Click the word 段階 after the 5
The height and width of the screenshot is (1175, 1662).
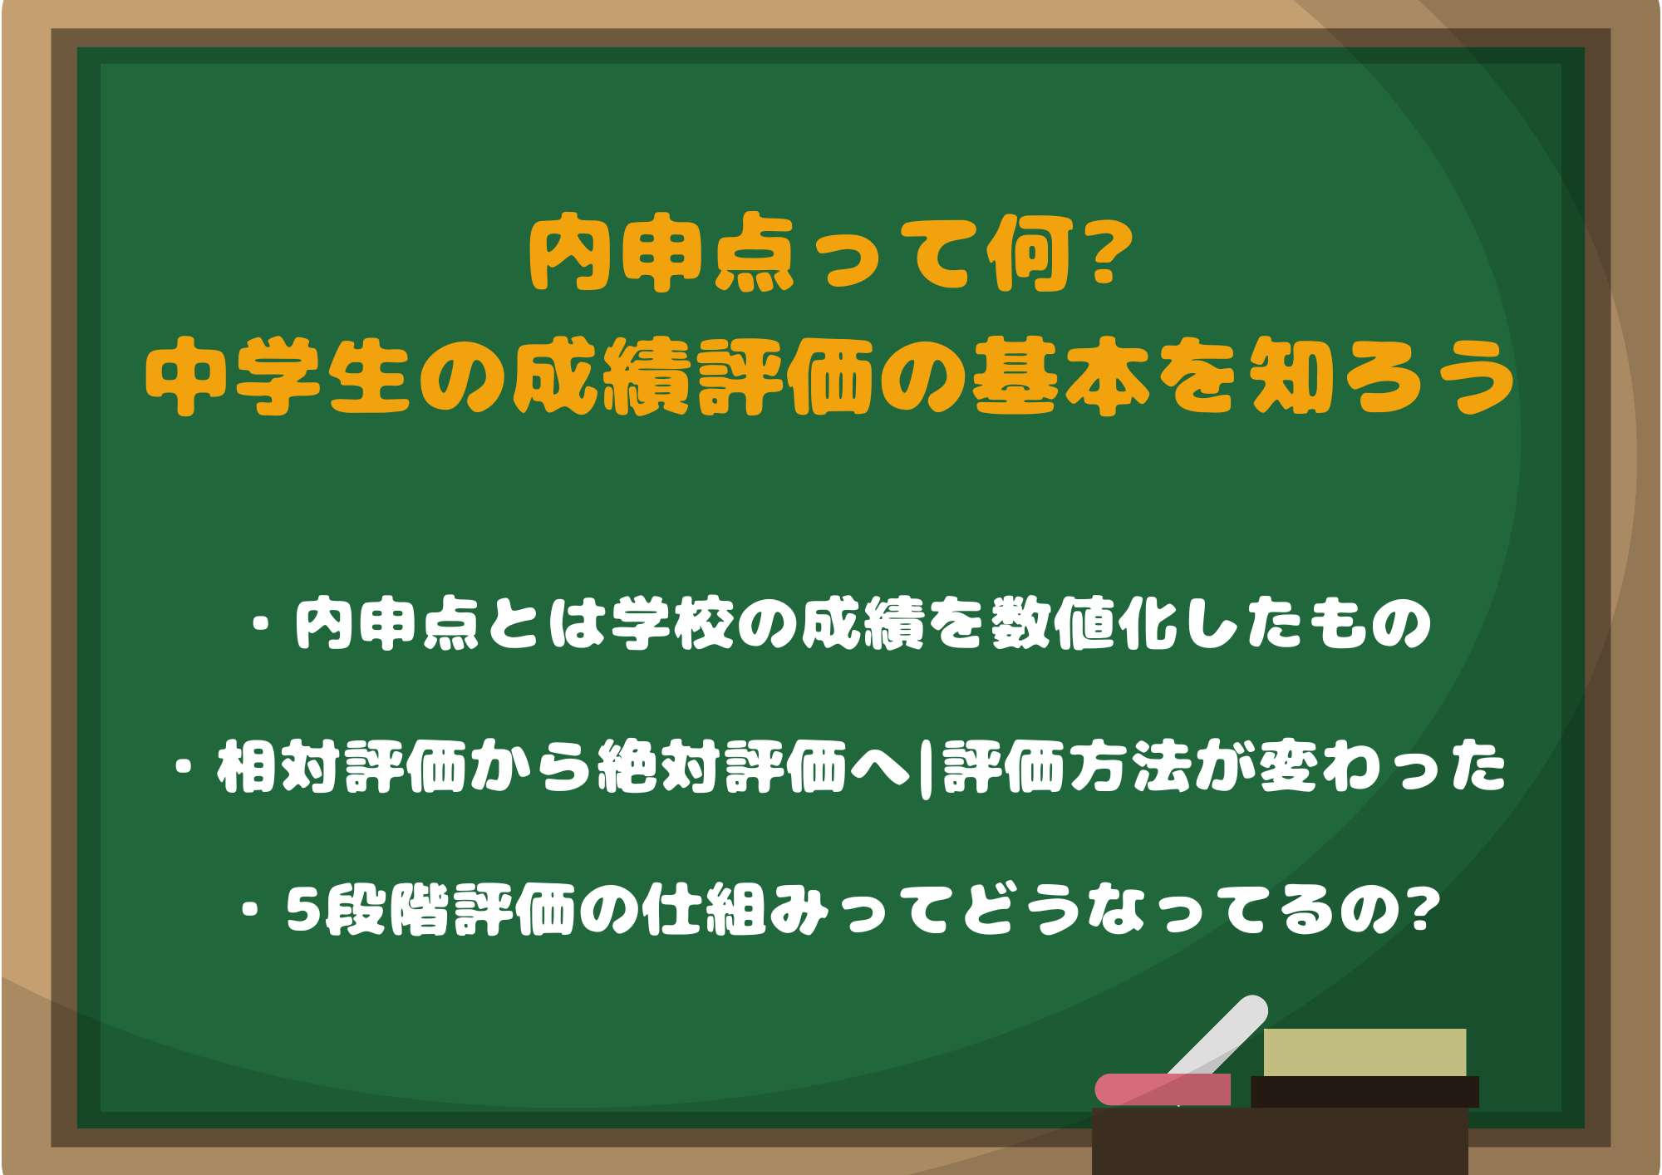[x=386, y=910]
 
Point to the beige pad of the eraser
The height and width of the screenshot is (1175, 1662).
[x=1365, y=1052]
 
